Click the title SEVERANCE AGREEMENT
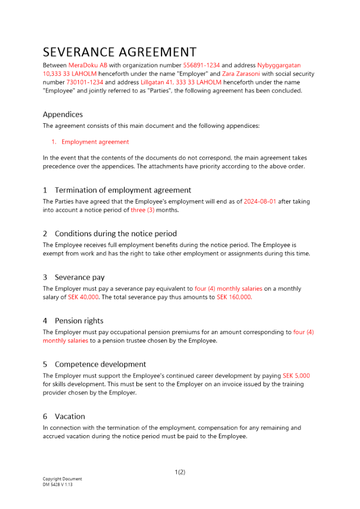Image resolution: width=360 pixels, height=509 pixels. tap(120, 52)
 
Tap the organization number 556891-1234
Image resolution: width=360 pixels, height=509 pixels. tap(201, 66)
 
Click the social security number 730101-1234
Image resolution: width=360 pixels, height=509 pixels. tap(85, 82)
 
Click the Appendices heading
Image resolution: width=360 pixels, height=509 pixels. tap(63, 115)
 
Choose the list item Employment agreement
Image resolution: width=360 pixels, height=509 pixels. tap(95, 142)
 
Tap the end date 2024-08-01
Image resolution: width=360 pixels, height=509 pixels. tap(260, 202)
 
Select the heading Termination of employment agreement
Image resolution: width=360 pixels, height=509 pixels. tap(123, 190)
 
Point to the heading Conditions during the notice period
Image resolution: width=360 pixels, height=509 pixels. tap(116, 234)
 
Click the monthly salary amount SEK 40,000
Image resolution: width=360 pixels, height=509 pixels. tap(83, 297)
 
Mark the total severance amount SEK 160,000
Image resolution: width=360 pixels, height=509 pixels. tap(234, 297)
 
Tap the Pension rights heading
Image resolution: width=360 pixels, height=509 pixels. tap(79, 321)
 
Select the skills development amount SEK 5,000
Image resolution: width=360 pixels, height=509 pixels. tap(296, 376)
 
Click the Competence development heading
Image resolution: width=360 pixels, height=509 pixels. tap(100, 364)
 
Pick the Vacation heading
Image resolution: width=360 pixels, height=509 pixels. tap(70, 416)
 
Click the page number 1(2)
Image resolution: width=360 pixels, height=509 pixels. tap(180, 472)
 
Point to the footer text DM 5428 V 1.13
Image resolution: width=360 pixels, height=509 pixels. tap(58, 485)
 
